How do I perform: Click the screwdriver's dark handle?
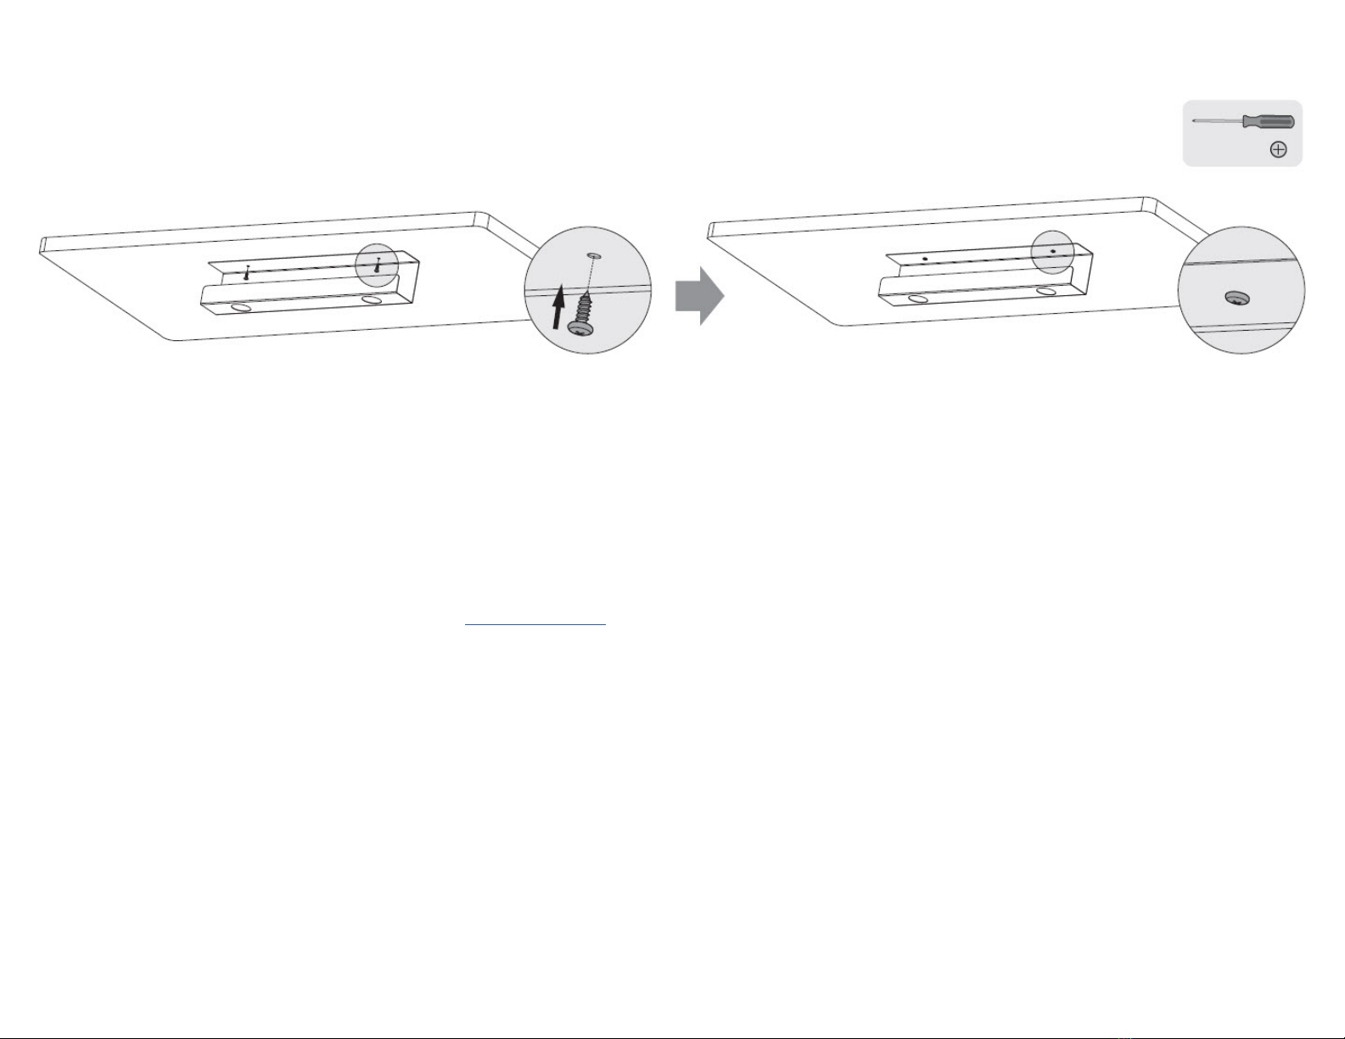(1269, 121)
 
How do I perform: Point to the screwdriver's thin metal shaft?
(1218, 120)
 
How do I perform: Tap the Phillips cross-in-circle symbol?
(1278, 150)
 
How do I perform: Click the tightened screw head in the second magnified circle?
(1238, 298)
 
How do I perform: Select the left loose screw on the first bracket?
(246, 273)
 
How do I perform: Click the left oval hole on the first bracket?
(240, 306)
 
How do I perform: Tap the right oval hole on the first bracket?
(371, 299)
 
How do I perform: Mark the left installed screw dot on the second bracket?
(925, 258)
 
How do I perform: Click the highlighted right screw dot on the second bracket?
(1053, 251)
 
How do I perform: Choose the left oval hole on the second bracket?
(917, 299)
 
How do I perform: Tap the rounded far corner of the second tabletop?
(1152, 203)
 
